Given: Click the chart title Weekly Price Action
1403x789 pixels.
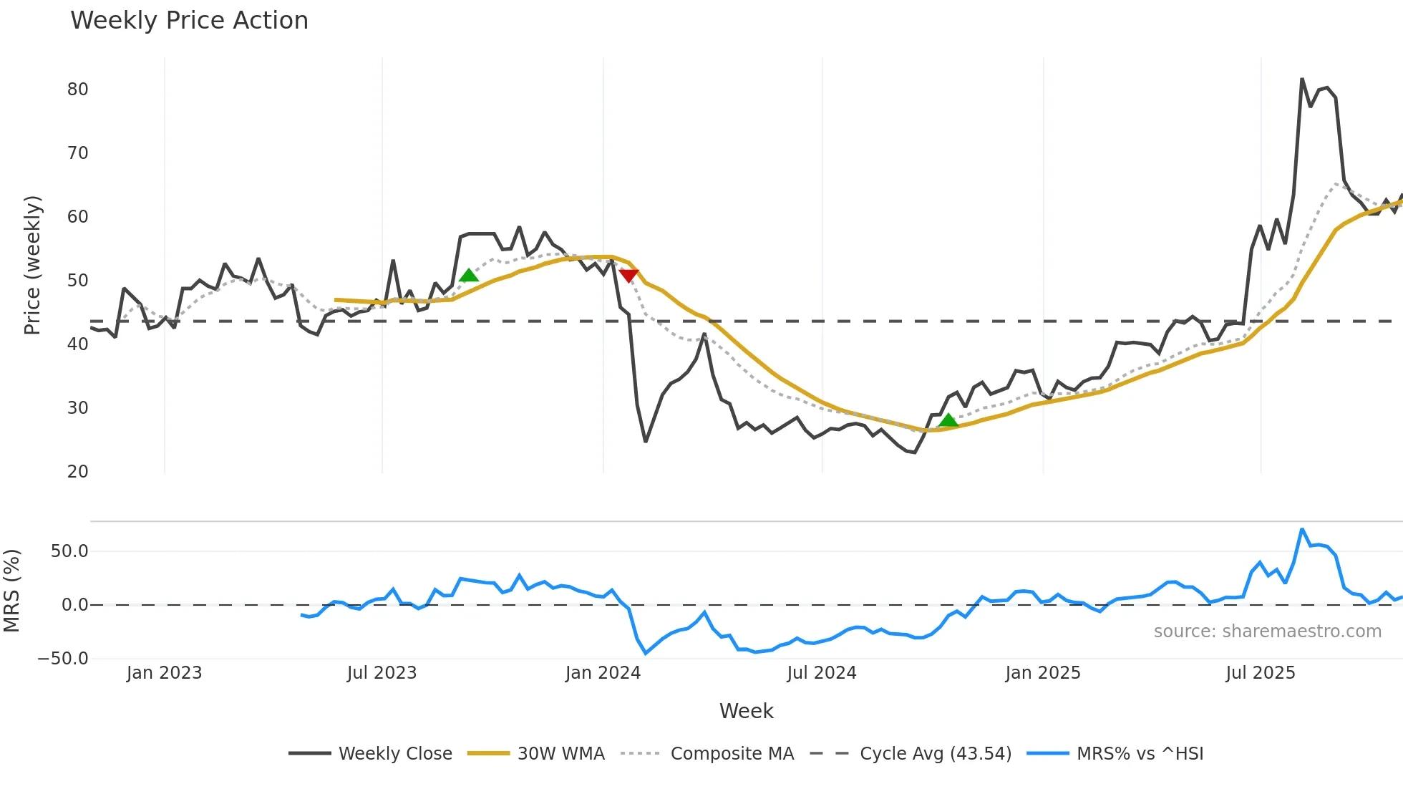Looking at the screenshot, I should tap(189, 21).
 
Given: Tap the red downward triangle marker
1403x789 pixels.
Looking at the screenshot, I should tap(628, 276).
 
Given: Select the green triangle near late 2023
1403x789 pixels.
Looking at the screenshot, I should tap(469, 276).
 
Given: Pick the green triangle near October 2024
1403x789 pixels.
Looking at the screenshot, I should tap(948, 420).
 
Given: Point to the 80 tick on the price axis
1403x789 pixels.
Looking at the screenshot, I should tap(77, 89).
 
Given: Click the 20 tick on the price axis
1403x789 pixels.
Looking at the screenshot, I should tap(77, 472).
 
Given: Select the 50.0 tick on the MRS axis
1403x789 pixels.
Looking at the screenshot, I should tap(69, 551).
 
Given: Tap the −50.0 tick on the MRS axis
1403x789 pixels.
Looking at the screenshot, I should tap(63, 659).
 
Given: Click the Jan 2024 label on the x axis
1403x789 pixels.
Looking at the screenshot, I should tap(603, 673).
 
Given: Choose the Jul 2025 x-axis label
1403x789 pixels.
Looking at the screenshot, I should tap(1261, 673).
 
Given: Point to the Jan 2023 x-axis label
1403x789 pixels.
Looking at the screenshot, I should tap(164, 673).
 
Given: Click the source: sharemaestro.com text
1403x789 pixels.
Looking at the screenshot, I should tap(1267, 631).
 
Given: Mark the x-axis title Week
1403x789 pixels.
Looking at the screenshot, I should tap(746, 711).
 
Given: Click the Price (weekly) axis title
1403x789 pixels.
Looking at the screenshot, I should tap(32, 265).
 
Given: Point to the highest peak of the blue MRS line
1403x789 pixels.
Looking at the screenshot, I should tap(1302, 530).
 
